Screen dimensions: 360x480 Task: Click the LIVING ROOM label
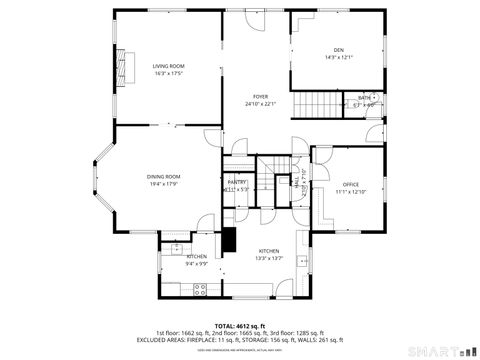(168, 66)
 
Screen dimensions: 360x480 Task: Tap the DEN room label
(338, 50)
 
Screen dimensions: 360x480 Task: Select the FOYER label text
(259, 96)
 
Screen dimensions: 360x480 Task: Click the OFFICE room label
(350, 184)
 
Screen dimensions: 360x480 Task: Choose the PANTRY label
(236, 182)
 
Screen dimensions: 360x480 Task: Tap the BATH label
(364, 97)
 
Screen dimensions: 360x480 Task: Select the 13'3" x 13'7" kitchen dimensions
(269, 258)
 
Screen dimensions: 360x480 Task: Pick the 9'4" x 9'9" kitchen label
(196, 264)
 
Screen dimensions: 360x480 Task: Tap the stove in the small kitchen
(199, 289)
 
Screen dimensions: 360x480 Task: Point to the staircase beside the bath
(318, 103)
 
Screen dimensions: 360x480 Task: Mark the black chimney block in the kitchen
(230, 241)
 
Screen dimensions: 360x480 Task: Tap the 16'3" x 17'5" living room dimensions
(168, 73)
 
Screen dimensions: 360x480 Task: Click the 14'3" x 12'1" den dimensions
(338, 57)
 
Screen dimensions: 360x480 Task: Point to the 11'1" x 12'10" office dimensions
(350, 191)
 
